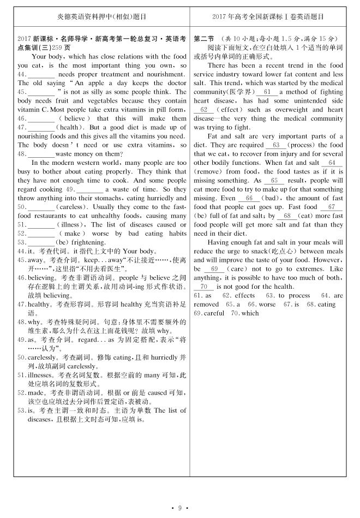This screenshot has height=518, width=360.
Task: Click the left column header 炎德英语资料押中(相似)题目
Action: [102, 17]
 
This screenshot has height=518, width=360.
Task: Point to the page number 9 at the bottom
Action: [180, 508]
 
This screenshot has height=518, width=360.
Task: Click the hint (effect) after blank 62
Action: [229, 110]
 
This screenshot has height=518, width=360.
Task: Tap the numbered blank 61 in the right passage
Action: [267, 92]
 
